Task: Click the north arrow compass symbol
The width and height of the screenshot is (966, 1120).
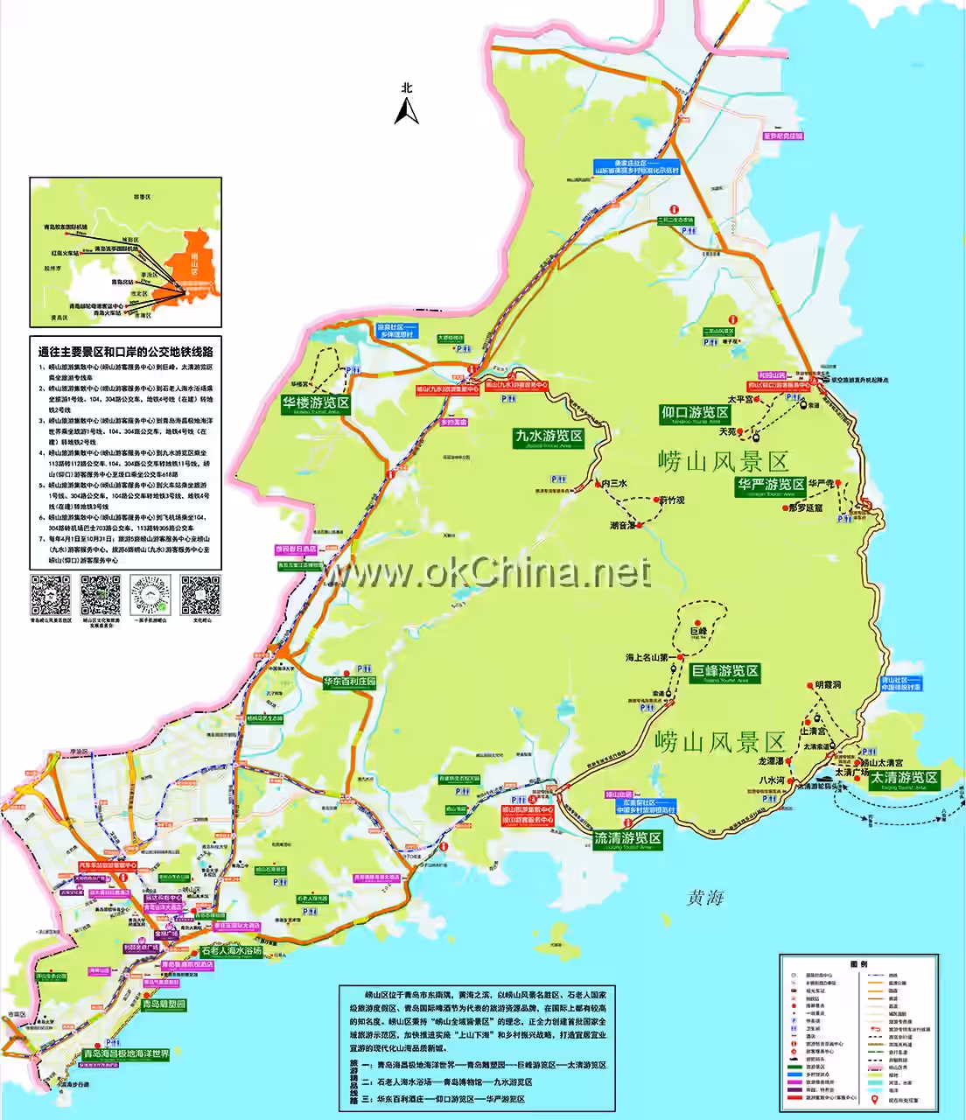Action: click(406, 108)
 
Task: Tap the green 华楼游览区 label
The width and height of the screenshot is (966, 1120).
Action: click(315, 403)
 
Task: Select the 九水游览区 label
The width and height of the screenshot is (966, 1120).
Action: click(549, 436)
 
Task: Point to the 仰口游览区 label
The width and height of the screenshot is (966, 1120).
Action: click(695, 413)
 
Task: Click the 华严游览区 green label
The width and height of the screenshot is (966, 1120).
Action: click(770, 485)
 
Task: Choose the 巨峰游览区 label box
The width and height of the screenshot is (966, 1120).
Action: click(724, 672)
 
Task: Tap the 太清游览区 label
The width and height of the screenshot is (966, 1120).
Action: click(904, 778)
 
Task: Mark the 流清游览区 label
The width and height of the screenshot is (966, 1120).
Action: click(627, 838)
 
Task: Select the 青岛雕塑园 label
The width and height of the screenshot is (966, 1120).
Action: click(164, 1004)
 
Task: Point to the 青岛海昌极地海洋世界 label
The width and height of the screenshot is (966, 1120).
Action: click(126, 1054)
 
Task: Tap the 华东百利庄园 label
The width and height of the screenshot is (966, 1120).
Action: click(349, 682)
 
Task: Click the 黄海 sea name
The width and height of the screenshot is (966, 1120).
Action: click(705, 898)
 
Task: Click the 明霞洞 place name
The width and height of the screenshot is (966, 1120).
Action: click(828, 684)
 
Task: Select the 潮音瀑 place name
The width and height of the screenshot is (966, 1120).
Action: click(622, 526)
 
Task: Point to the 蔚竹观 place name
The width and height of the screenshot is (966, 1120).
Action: click(672, 500)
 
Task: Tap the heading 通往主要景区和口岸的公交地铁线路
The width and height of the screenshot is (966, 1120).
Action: click(125, 352)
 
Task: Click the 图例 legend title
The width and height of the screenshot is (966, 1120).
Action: click(858, 964)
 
